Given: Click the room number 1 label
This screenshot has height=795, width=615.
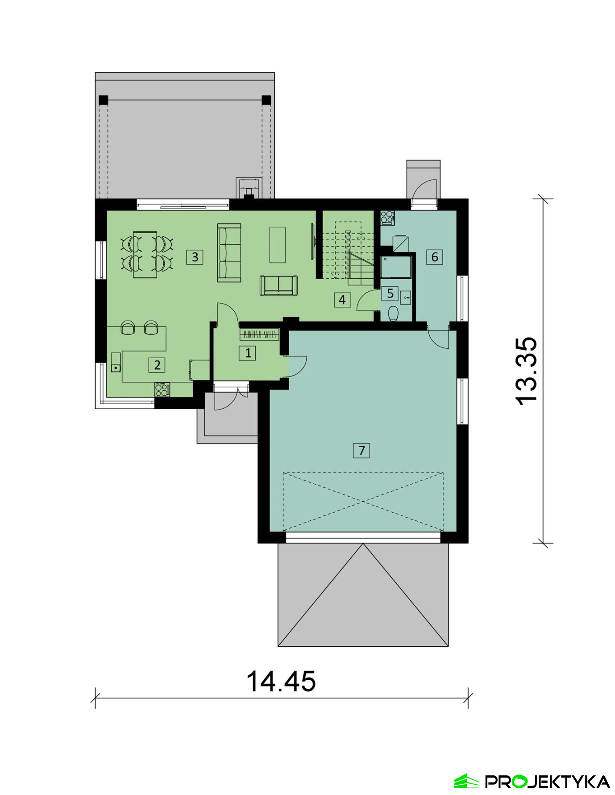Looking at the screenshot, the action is [x=248, y=353].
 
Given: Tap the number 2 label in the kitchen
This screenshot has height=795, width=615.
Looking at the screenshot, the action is [x=157, y=365].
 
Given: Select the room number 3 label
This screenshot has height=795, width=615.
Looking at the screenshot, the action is [x=195, y=257].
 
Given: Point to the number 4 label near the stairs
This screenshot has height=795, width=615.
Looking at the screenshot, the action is [x=342, y=299].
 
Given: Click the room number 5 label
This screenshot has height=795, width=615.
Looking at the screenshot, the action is [x=390, y=293].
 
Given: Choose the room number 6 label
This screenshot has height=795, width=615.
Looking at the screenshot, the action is [x=435, y=257].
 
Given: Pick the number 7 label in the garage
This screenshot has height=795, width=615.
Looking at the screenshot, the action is [x=362, y=450].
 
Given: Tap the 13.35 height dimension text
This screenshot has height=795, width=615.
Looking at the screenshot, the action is [x=527, y=371].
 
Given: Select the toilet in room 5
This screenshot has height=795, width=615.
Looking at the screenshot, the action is [x=393, y=314].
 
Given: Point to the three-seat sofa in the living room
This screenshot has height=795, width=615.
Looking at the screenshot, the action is [x=229, y=253].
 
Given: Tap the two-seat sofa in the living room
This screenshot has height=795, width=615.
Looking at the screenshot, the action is [x=279, y=285].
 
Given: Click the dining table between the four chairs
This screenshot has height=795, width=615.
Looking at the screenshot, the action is [x=145, y=254].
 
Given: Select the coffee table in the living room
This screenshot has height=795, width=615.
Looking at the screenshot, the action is [x=278, y=245].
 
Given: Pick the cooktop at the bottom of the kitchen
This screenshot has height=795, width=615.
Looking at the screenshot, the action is [x=162, y=389].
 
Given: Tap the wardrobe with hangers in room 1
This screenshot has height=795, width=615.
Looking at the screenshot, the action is [x=259, y=335].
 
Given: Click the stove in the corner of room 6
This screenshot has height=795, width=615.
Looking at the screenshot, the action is [x=387, y=218].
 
